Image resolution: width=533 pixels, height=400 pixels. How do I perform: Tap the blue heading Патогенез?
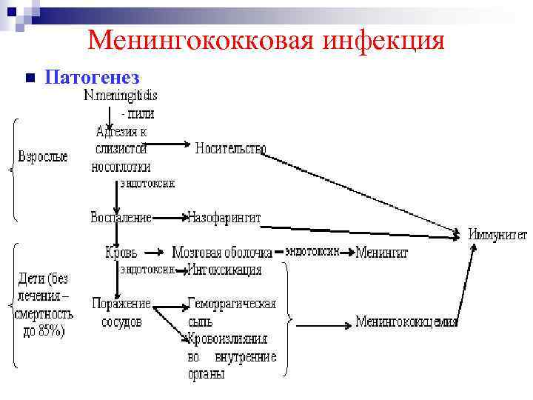[92, 77]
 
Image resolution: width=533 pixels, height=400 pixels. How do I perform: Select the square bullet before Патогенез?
[30, 78]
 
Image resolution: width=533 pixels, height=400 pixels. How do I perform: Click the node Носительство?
[231, 148]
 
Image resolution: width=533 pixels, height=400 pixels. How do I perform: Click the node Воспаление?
[121, 218]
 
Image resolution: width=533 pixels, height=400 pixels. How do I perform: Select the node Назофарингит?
[224, 218]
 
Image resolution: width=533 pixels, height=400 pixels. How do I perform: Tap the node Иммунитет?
[497, 235]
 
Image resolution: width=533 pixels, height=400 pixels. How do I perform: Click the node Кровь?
[121, 253]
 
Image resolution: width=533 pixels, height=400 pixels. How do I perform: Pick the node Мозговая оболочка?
[222, 253]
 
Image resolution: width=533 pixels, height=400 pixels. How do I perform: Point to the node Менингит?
[382, 253]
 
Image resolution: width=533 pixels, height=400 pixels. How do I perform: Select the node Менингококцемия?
[406, 321]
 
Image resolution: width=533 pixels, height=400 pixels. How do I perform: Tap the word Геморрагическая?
[232, 304]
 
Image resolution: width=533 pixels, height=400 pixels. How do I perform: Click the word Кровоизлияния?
[227, 339]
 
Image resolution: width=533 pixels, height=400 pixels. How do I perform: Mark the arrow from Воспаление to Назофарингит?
[170, 218]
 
